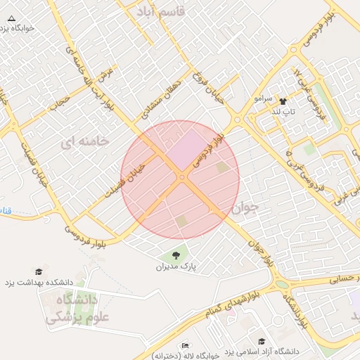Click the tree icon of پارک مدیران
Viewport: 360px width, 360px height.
[x=176, y=255]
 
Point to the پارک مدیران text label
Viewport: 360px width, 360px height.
[x=176, y=267]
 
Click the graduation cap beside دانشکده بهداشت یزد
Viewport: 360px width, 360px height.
[x=39, y=271]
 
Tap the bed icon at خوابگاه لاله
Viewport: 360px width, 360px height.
[x=185, y=345]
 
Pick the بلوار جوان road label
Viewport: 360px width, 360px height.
[x=259, y=250]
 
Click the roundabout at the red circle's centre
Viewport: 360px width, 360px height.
[x=181, y=179]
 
